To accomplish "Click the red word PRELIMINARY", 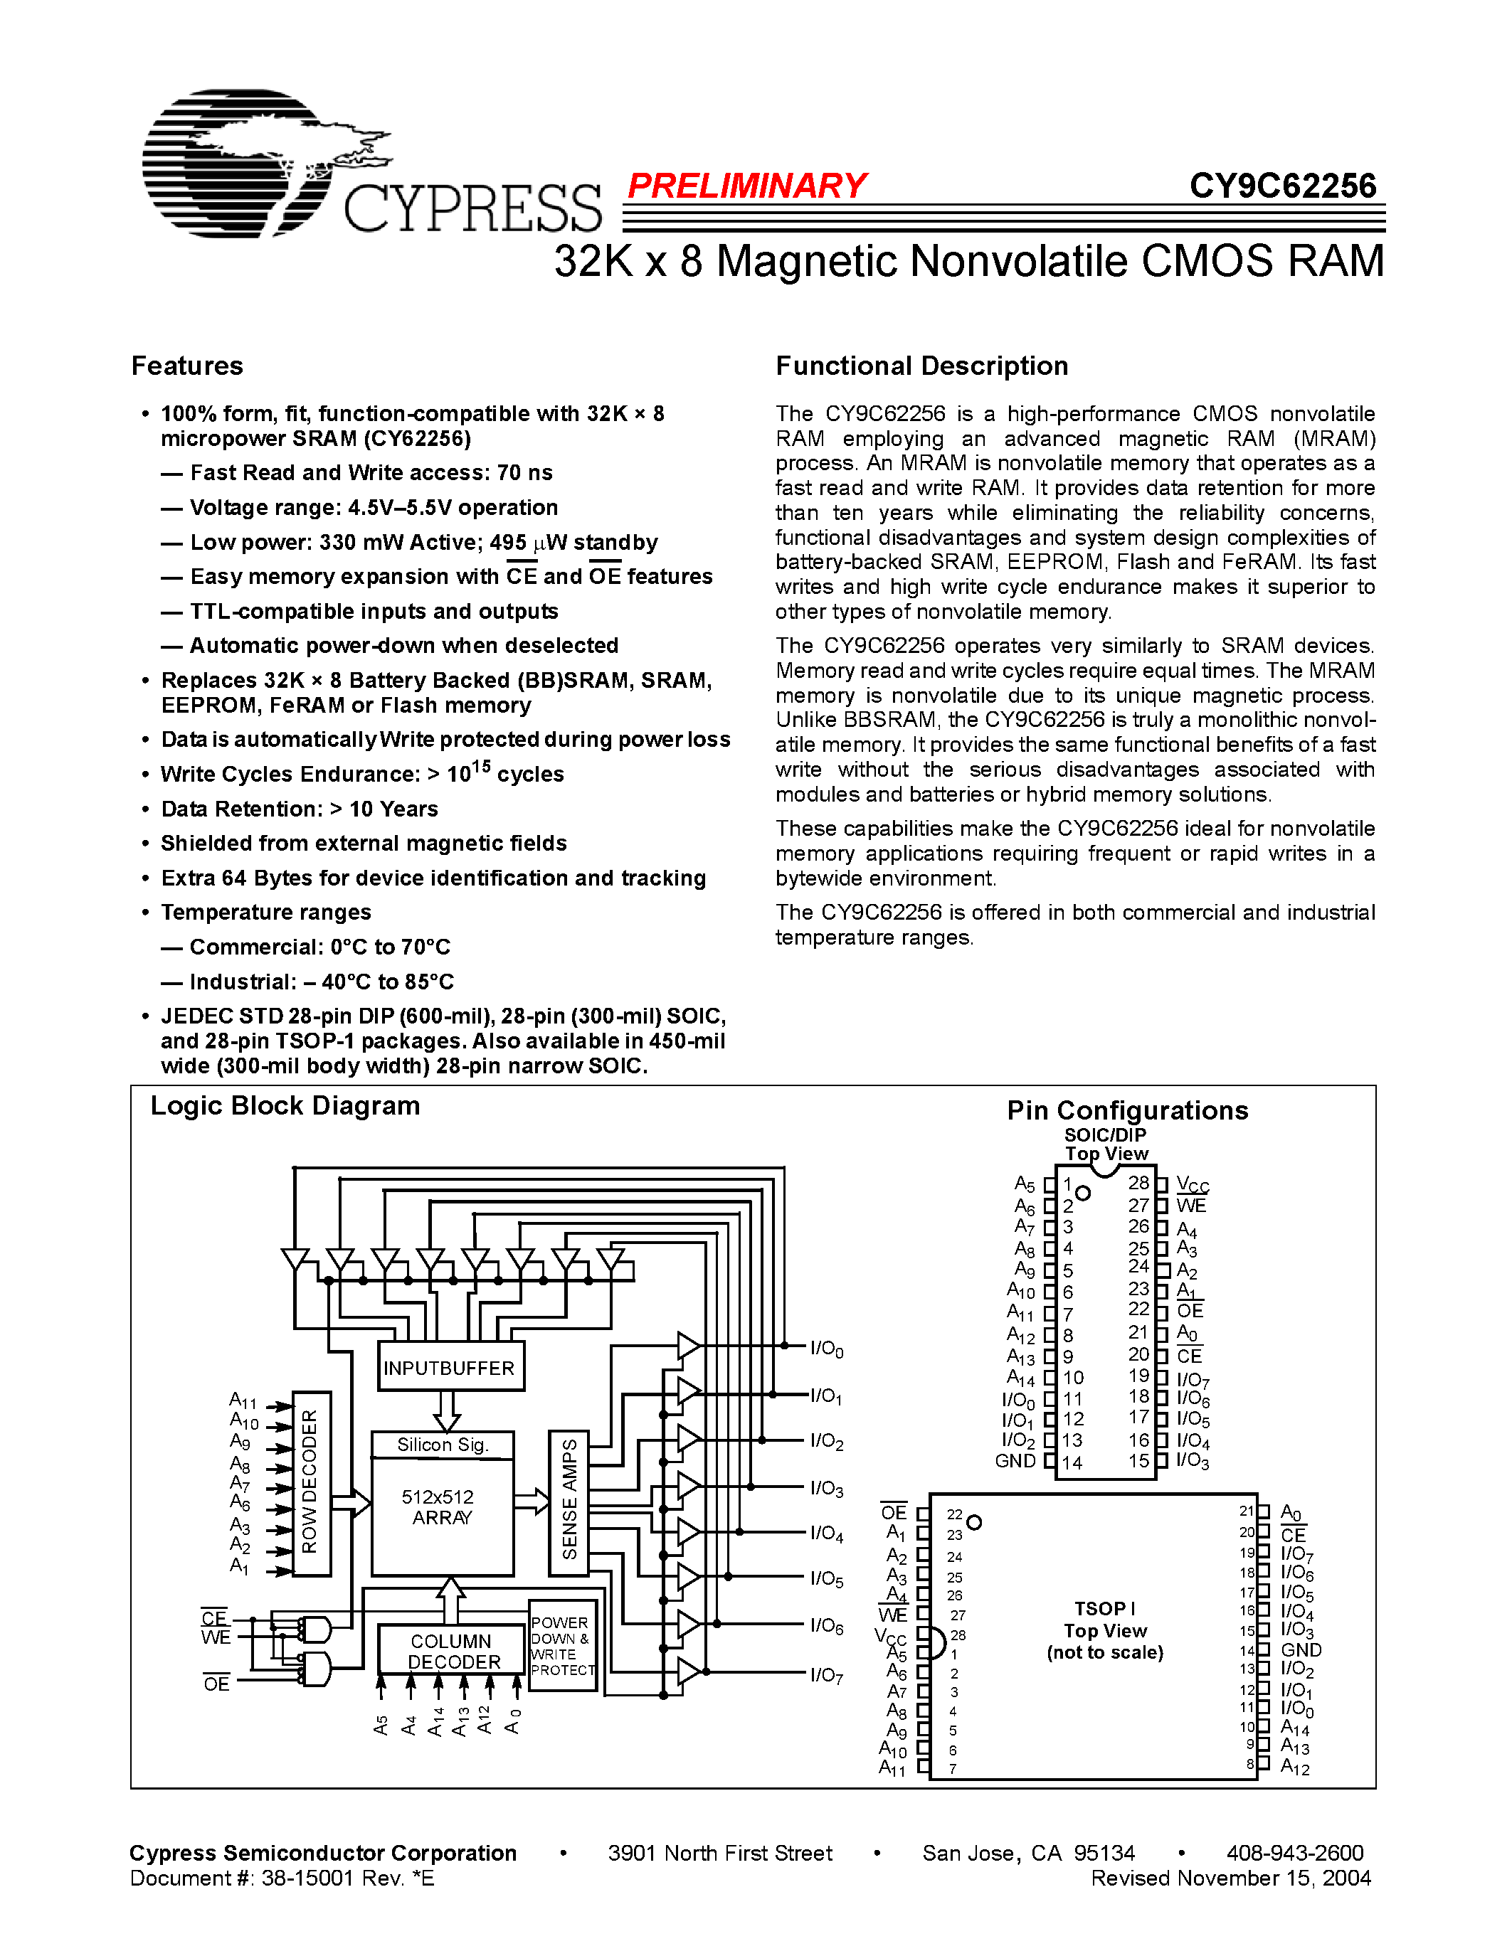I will (746, 186).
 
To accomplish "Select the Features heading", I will (187, 366).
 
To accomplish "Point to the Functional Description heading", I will (921, 366).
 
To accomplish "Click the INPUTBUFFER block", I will (450, 1368).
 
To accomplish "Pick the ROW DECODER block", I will (311, 1482).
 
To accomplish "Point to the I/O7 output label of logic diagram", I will (827, 1675).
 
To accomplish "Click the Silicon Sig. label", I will (443, 1445).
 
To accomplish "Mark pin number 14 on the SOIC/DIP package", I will (1072, 1462).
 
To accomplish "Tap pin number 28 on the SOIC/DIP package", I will (1138, 1182).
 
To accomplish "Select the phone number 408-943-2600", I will (1294, 1853).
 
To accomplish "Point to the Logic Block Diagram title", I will (285, 1106).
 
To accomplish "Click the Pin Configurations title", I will (1127, 1110).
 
